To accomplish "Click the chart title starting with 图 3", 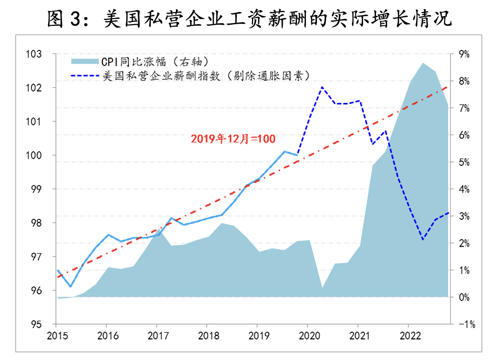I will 248,19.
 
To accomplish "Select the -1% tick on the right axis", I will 463,324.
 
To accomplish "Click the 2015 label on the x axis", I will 56,335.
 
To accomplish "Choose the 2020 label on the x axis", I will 308,335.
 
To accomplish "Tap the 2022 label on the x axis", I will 409,335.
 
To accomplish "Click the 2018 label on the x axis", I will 207,335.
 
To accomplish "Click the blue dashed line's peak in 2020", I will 322,87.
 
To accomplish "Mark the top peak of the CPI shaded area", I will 422,63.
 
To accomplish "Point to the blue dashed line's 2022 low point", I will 422,239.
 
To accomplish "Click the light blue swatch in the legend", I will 85,61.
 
